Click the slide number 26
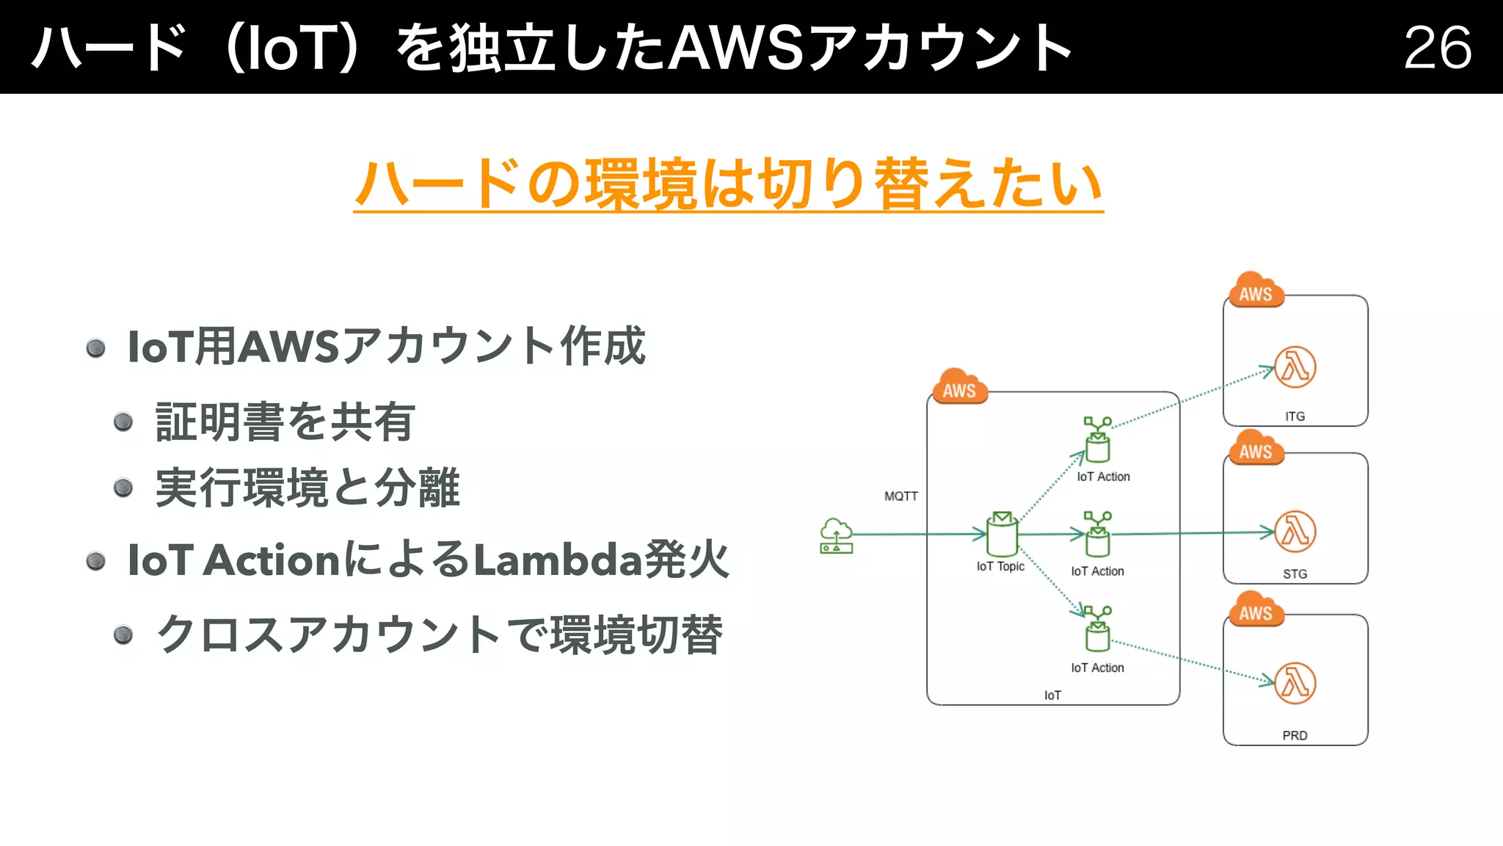pos(1437,48)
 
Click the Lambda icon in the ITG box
pos(1295,367)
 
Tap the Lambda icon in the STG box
pos(1295,532)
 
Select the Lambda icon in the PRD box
pos(1295,683)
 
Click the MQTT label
pos(900,496)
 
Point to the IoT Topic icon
pos(1002,535)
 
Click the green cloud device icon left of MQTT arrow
pos(836,536)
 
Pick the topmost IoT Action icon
pos(1098,440)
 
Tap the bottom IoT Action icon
pos(1098,629)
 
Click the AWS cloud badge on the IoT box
pos(960,387)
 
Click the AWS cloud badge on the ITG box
pos(1256,291)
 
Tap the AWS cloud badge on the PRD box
pos(1256,610)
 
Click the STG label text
pos(1295,574)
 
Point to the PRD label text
pos(1295,735)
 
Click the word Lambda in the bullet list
pos(557,560)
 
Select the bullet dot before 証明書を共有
pos(123,422)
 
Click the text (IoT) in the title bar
pos(291,48)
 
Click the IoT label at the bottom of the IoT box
pos(1052,695)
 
